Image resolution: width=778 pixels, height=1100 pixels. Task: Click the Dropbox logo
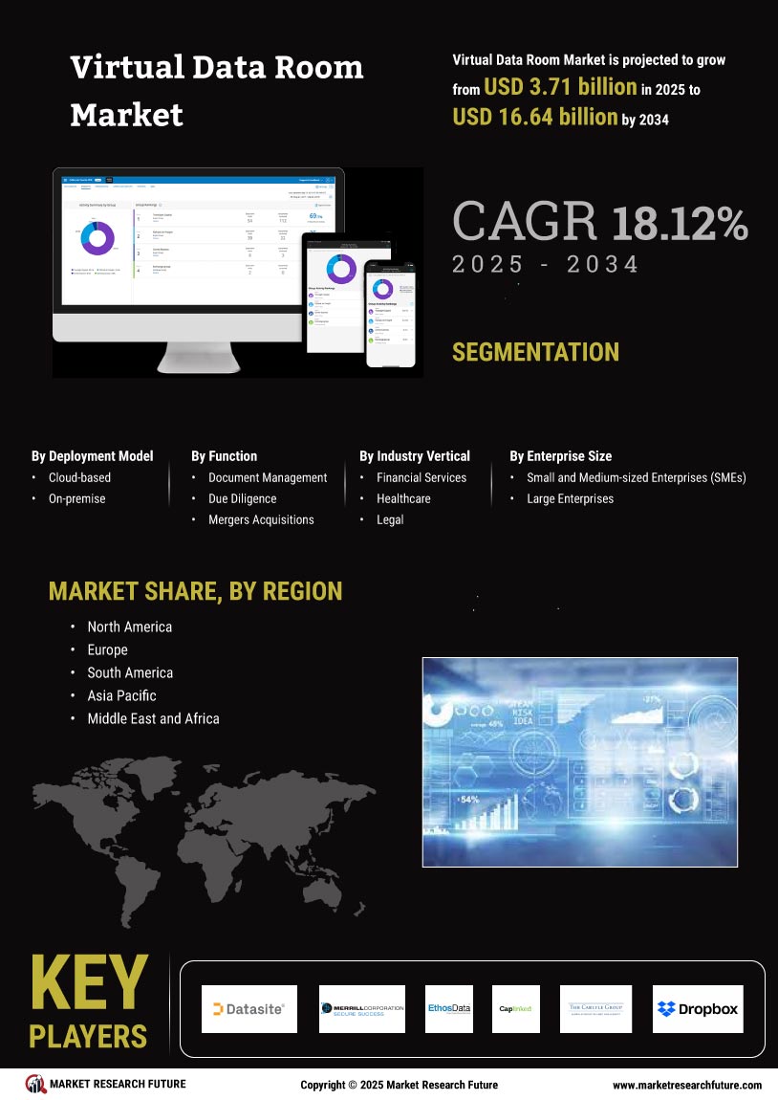point(698,1008)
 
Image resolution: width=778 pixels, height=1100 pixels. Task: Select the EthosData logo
point(449,1008)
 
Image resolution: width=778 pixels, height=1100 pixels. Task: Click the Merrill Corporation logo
point(362,1008)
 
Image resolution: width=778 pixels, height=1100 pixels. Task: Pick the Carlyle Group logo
point(595,1008)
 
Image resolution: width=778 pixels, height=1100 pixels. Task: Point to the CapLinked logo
point(515,1008)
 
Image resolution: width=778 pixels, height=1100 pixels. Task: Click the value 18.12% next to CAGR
point(680,222)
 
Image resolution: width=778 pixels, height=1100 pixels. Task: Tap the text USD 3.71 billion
point(560,87)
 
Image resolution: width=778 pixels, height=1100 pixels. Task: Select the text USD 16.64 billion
point(534,117)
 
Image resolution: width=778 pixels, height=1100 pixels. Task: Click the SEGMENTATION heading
point(535,352)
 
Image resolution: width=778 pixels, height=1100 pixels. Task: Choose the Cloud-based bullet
point(79,477)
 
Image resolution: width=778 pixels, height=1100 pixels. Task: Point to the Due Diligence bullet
point(242,498)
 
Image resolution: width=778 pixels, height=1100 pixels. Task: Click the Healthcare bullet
point(403,498)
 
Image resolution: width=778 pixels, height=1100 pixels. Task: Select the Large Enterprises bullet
point(570,498)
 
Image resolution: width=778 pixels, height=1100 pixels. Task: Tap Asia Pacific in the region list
point(121,695)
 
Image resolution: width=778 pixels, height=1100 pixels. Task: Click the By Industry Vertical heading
point(415,456)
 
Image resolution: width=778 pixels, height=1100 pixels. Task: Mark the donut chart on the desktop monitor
point(97,238)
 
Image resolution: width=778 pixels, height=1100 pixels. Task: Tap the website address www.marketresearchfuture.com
point(686,1085)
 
